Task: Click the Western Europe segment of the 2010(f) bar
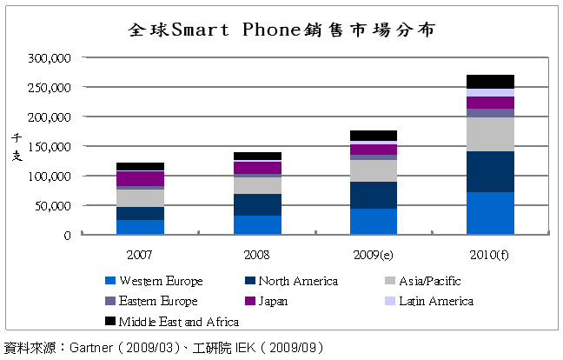490,213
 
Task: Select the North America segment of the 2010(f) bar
490,171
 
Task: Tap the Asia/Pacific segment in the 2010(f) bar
490,134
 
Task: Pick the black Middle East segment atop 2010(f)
490,82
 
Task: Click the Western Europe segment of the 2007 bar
140,227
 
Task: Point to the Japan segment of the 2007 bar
140,178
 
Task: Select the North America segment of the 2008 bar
257,204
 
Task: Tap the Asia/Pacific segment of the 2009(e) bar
374,170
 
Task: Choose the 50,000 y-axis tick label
51,206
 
